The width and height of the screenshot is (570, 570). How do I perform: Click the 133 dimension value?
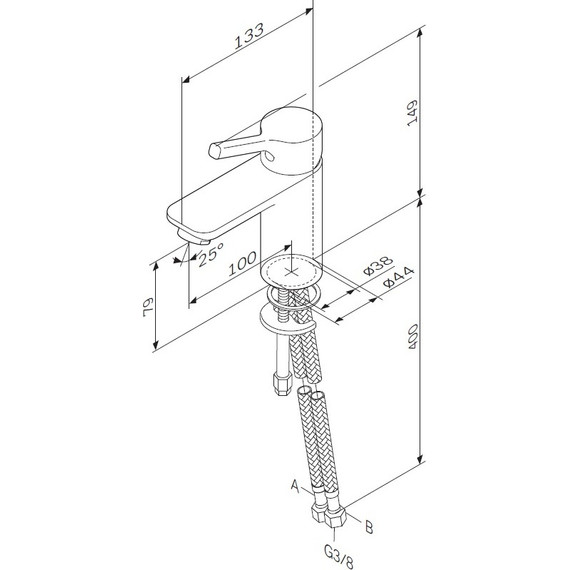pyautogui.click(x=249, y=36)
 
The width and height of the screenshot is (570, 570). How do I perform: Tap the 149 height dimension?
pyautogui.click(x=412, y=113)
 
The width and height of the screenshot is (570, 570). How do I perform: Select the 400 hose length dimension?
pyautogui.click(x=413, y=337)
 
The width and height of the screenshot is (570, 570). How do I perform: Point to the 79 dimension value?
pyautogui.click(x=149, y=308)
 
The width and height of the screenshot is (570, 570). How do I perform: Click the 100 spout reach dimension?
pyautogui.click(x=242, y=263)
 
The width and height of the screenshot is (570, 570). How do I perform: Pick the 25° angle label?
pyautogui.click(x=211, y=254)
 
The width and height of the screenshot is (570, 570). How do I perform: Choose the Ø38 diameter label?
pyautogui.click(x=378, y=265)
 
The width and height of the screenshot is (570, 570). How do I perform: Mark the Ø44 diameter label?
pyautogui.click(x=399, y=277)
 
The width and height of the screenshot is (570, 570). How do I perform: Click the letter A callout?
pyautogui.click(x=296, y=486)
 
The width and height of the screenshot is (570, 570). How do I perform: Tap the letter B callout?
pyautogui.click(x=369, y=527)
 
